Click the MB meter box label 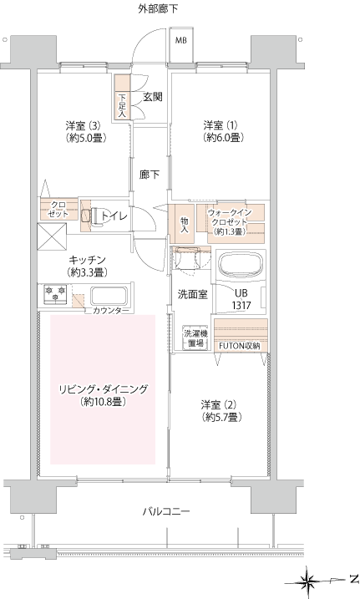click(181, 40)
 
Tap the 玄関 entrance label click(153, 97)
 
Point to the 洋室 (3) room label click(85, 131)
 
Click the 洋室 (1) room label click(223, 131)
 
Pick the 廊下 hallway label click(150, 175)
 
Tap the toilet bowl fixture click(94, 216)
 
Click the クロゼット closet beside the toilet click(58, 209)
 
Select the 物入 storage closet click(182, 224)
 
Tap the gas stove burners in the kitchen click(55, 294)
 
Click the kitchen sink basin click(109, 296)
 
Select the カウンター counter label click(111, 311)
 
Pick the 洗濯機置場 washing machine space click(195, 338)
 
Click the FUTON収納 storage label click(240, 346)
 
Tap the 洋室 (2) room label click(222, 410)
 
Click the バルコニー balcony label click(166, 511)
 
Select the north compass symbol click(307, 582)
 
